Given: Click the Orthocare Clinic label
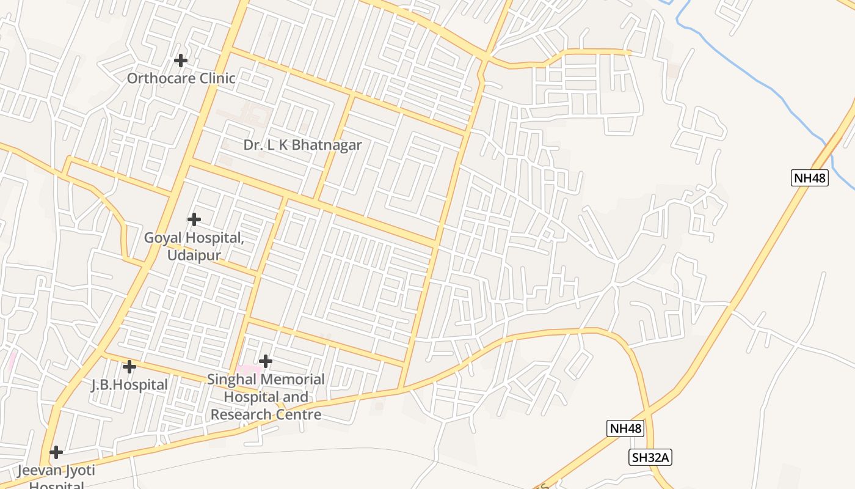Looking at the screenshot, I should tap(181, 78).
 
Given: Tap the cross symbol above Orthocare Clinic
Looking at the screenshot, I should tap(180, 61).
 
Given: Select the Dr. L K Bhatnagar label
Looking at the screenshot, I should tap(302, 145).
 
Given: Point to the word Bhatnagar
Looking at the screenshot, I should tap(327, 145).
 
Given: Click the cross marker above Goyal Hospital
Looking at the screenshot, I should tap(194, 219).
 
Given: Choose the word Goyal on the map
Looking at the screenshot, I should tap(164, 238).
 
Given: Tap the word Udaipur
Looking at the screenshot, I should tap(194, 255).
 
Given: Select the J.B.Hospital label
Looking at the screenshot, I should tap(129, 385).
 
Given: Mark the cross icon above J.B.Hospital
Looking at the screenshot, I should tap(129, 367).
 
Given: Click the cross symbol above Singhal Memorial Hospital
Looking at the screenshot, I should tap(265, 361).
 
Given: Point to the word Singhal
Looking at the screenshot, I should tap(233, 380).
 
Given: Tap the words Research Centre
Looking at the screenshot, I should tap(266, 414).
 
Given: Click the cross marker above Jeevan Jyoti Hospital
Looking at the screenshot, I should tap(56, 452).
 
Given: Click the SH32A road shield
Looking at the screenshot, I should tap(650, 457).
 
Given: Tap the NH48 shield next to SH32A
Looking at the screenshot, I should tap(626, 428).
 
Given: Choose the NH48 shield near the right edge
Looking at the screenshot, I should tap(810, 178).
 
